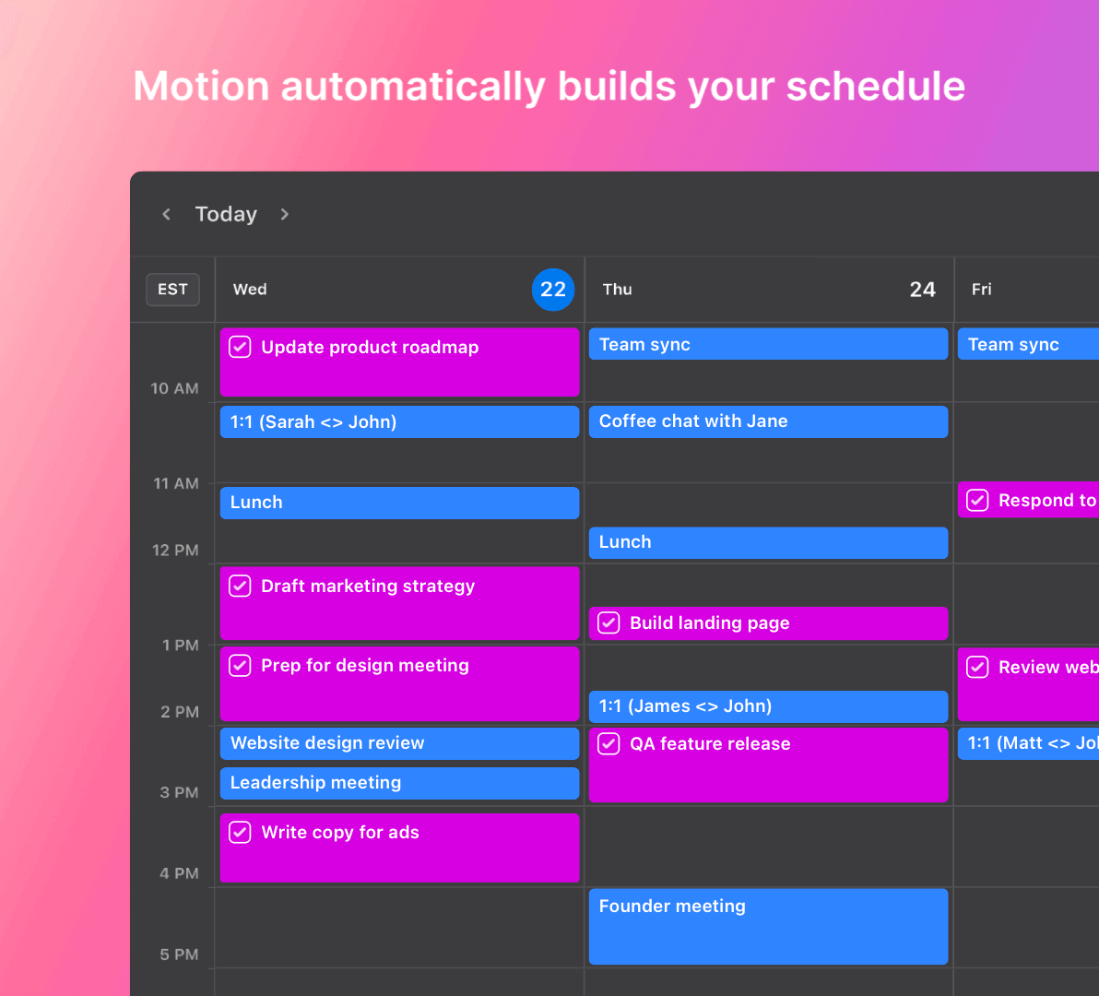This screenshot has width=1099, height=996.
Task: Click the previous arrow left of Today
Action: coord(166,214)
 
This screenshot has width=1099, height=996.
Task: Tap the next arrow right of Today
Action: coord(285,214)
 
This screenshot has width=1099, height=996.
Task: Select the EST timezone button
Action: coord(172,290)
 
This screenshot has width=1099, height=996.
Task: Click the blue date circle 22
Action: coord(553,290)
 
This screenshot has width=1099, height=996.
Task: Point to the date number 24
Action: coord(922,290)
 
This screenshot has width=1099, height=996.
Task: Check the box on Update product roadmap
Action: coord(240,347)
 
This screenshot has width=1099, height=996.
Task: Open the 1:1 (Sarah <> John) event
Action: coord(399,422)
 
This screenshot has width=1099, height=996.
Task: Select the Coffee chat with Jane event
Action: coord(768,422)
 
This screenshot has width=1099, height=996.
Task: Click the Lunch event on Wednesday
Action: coord(399,504)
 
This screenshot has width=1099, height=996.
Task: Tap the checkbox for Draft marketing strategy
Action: coord(240,586)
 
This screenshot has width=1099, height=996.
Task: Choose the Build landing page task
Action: coord(768,623)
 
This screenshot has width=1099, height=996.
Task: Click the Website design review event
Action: coord(399,743)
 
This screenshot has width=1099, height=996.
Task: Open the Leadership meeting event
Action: coord(399,784)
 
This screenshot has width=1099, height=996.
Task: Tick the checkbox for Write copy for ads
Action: coord(240,832)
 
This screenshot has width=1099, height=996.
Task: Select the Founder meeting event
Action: coord(768,927)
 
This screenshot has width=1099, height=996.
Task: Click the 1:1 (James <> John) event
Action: coord(768,706)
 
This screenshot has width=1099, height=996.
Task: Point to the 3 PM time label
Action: coord(180,793)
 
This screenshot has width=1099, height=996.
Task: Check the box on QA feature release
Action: coord(609,743)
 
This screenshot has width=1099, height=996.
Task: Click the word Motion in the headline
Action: coord(201,86)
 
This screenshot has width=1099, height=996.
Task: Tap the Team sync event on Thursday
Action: coord(768,344)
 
